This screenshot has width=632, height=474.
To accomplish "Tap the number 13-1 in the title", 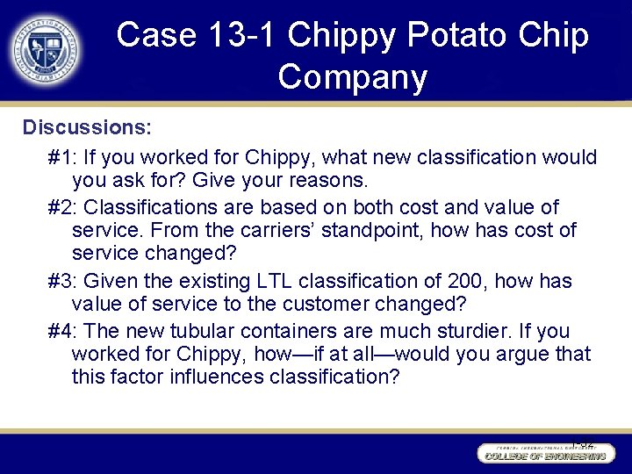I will tap(240, 35).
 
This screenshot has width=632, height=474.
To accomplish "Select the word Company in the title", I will tap(352, 76).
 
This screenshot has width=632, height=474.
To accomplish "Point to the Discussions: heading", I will tap(88, 127).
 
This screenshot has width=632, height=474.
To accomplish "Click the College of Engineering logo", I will tap(543, 453).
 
